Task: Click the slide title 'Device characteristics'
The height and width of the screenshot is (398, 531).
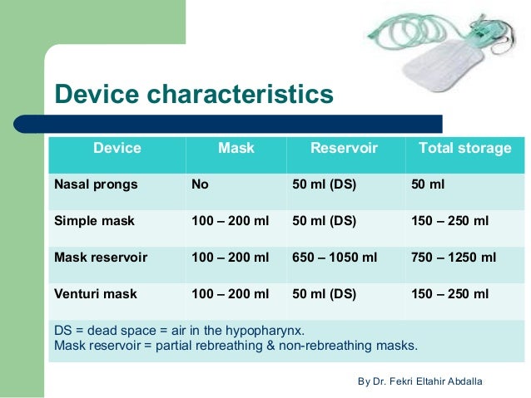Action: (193, 93)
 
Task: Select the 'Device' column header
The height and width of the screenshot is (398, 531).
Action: (117, 149)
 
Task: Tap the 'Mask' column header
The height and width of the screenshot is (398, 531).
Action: (236, 149)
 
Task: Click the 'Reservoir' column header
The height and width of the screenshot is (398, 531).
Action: (344, 149)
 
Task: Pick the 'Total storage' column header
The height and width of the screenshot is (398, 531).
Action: (464, 149)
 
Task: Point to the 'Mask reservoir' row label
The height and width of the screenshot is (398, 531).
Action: (100, 258)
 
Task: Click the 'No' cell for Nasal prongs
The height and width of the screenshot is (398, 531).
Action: (200, 184)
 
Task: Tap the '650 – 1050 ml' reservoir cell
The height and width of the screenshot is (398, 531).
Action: (335, 258)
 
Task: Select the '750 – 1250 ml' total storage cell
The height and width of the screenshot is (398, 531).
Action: (454, 258)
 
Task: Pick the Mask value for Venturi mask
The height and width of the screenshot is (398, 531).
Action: (231, 294)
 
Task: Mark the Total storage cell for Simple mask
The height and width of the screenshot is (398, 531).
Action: (450, 221)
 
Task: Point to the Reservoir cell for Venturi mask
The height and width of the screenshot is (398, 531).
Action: (324, 294)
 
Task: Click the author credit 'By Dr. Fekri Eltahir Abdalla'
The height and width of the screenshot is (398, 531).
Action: (419, 381)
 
